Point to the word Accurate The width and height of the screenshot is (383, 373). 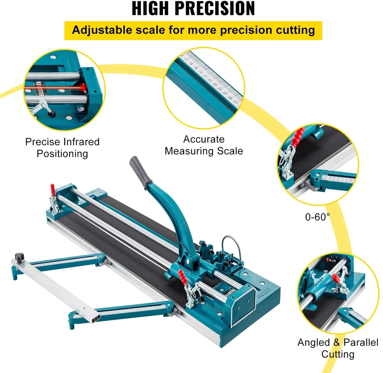tap(204, 139)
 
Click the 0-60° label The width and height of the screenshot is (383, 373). tap(317, 217)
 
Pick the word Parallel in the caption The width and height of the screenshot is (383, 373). tap(361, 342)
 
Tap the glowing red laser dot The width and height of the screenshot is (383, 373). tap(84, 87)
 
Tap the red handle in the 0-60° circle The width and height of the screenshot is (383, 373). tap(299, 137)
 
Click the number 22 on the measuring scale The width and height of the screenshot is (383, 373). tap(210, 80)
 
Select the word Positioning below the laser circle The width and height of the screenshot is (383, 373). tap(62, 154)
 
